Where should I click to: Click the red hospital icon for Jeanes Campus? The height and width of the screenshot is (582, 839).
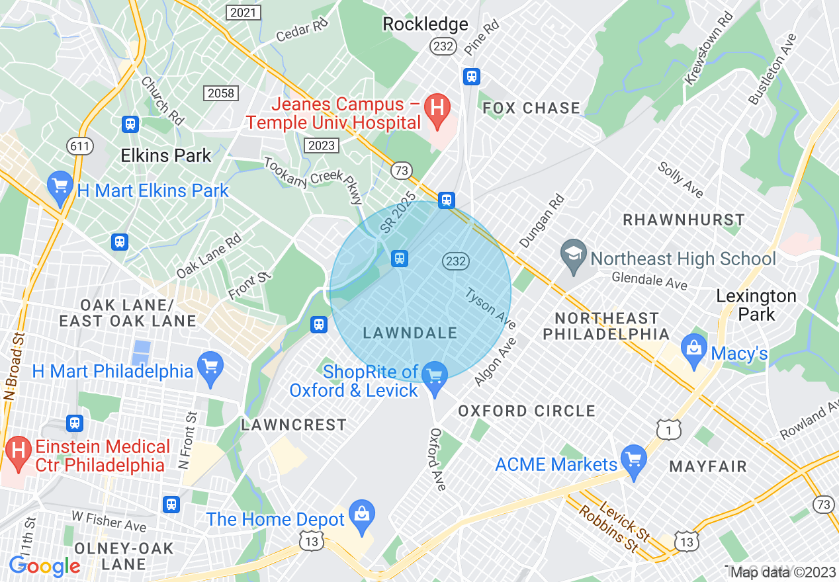tap(437, 106)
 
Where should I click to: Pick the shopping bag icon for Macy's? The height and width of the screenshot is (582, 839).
tap(694, 349)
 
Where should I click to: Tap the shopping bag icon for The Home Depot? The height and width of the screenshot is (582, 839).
tap(363, 515)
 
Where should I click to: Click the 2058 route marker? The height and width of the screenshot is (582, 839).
tap(221, 93)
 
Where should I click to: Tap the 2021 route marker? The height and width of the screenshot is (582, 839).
tap(243, 13)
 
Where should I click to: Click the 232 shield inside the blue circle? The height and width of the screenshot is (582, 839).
tap(456, 261)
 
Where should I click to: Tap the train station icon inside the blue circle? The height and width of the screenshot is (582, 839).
tap(400, 258)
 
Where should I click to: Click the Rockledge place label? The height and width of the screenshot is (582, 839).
tap(425, 24)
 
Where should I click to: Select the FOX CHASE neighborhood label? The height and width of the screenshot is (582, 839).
tap(531, 108)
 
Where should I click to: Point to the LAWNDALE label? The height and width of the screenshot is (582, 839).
tap(410, 333)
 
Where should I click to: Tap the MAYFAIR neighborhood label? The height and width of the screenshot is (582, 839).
tap(708, 467)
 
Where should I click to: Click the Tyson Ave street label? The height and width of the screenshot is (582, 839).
tap(490, 308)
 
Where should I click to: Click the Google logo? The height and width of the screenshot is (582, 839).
tap(44, 566)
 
